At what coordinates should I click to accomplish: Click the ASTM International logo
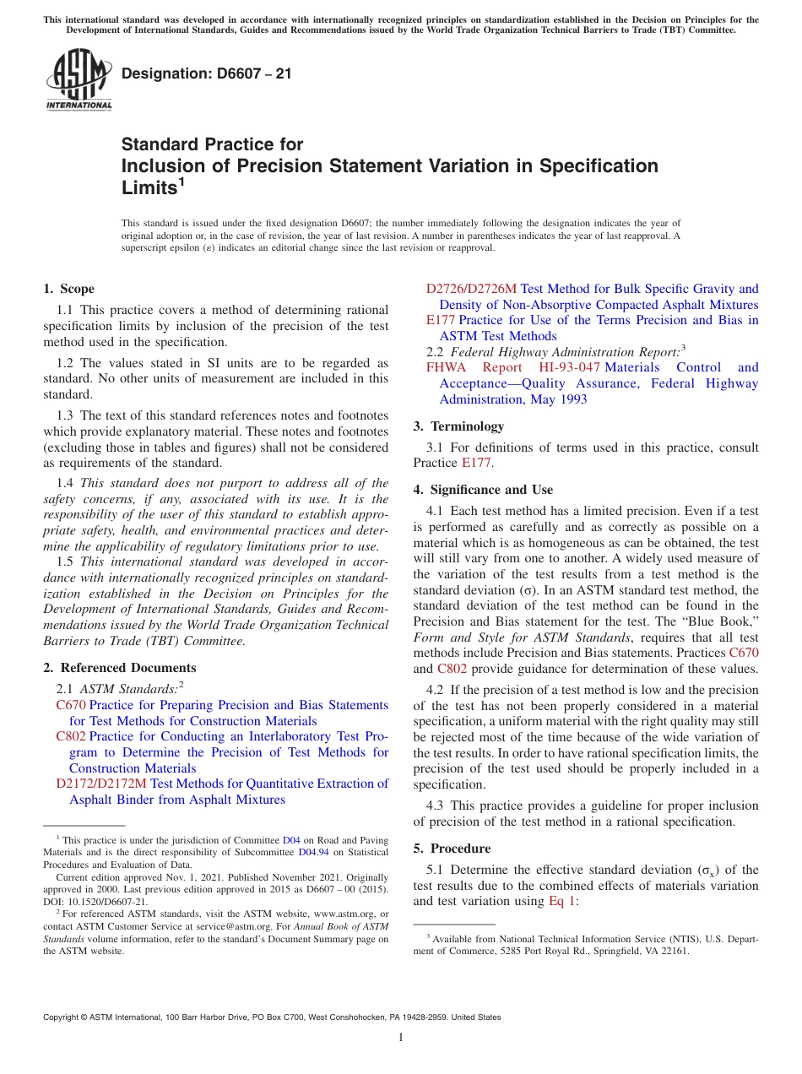pos(78,79)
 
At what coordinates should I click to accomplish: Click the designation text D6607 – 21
pos(207,73)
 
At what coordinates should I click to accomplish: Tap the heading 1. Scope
pos(69,289)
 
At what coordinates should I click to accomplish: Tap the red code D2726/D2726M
pos(471,289)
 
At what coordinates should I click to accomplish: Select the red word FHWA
pos(445,367)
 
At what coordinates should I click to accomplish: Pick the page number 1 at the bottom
pos(401,1037)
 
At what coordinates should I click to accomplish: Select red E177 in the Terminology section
pos(476,463)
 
